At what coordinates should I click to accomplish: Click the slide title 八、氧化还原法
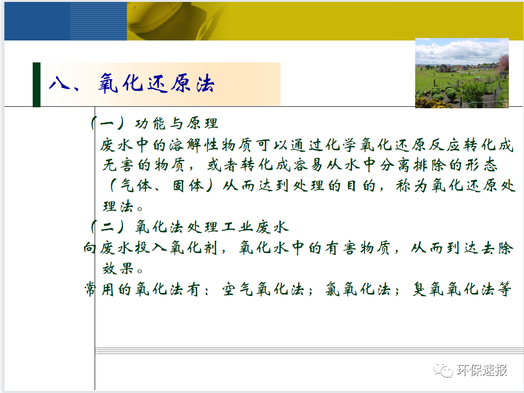[132, 84]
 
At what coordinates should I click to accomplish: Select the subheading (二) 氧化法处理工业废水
[190, 227]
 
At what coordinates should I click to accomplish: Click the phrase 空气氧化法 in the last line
[263, 290]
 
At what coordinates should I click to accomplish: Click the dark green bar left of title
[37, 84]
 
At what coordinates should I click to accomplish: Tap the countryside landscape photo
[462, 73]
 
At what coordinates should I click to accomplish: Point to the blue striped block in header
[98, 21]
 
